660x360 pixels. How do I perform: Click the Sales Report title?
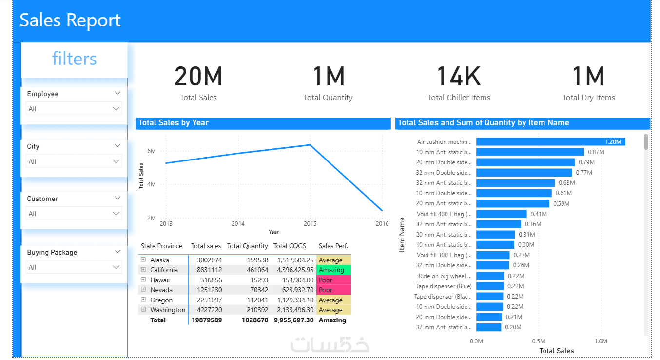[x=70, y=20]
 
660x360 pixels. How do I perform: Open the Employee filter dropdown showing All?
[x=74, y=109]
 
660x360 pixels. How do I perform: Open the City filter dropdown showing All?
[x=74, y=161]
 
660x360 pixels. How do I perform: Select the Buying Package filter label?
[x=52, y=252]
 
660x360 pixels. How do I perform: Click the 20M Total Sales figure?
[x=198, y=77]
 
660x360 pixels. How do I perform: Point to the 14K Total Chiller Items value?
[x=459, y=77]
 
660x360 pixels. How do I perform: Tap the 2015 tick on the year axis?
[x=310, y=224]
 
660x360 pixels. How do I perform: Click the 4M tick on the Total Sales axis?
[x=152, y=184]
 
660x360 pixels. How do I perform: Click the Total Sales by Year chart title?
[x=174, y=123]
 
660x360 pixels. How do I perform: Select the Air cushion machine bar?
[x=550, y=142]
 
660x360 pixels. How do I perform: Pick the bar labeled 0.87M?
[x=530, y=152]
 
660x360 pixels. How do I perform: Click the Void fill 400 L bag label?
[x=444, y=214]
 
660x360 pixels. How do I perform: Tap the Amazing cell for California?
[x=333, y=270]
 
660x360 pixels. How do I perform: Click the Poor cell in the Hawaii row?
[x=333, y=280]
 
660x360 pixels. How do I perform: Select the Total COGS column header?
[x=293, y=246]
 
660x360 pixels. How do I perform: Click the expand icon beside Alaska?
[x=143, y=260]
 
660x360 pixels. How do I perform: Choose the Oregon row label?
[x=161, y=300]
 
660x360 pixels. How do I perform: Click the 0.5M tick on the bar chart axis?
[x=538, y=341]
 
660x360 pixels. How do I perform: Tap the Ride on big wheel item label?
[x=444, y=276]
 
